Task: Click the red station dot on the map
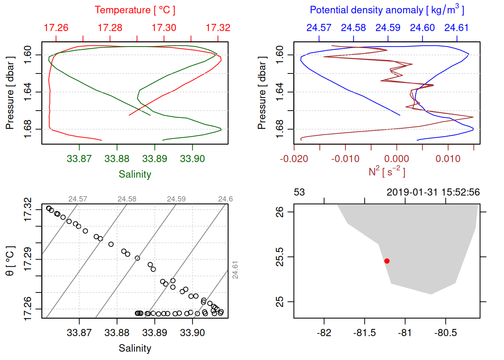click(387, 261)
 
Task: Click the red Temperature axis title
click(135, 10)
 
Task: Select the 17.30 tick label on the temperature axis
click(164, 28)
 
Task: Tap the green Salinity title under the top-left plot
click(135, 174)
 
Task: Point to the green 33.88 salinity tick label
click(117, 159)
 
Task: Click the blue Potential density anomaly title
click(387, 10)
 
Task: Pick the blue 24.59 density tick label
click(388, 28)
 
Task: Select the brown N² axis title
click(387, 172)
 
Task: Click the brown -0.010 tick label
click(345, 159)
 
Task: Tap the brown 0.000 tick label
click(396, 159)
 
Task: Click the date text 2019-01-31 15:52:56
click(433, 192)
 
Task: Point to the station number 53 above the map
click(299, 192)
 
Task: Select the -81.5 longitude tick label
click(364, 333)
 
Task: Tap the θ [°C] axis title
click(10, 261)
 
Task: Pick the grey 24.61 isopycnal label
click(235, 270)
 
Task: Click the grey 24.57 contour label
click(78, 199)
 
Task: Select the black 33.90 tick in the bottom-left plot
click(192, 333)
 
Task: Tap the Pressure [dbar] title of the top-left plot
click(10, 93)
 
